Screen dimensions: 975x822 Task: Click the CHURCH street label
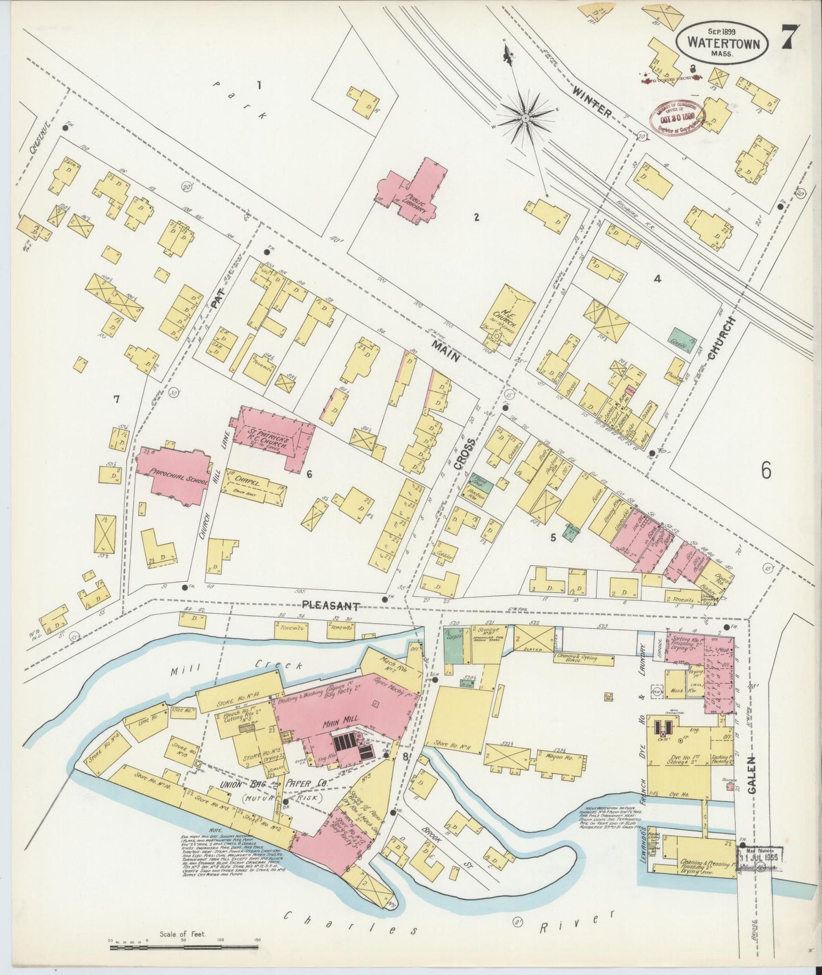tap(721, 338)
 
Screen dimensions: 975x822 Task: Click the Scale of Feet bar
tap(185, 947)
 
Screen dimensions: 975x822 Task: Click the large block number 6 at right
tap(767, 470)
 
